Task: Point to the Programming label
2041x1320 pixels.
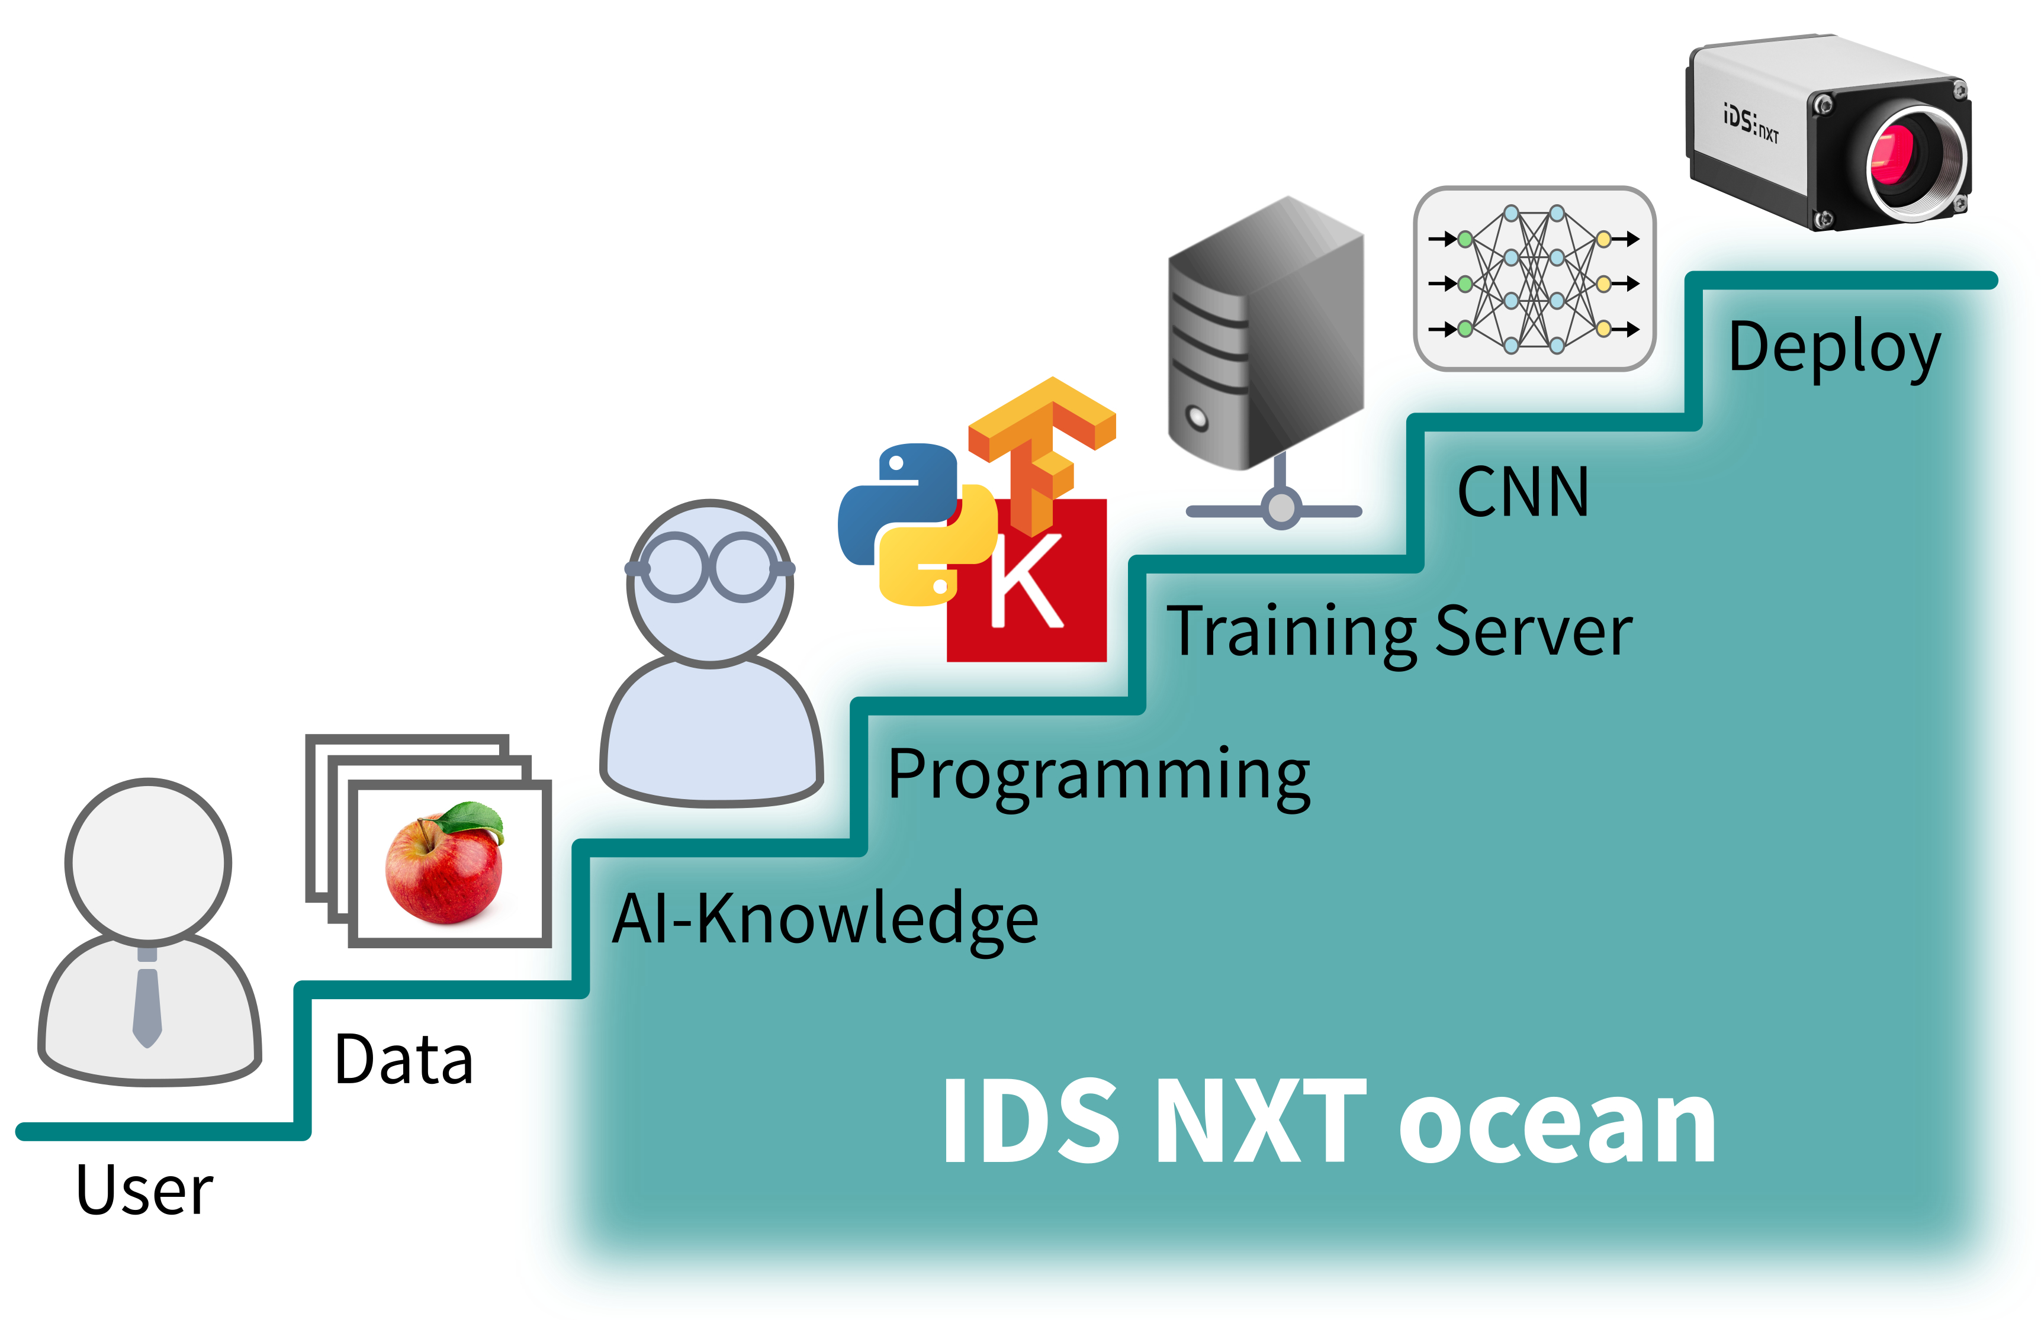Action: (1098, 775)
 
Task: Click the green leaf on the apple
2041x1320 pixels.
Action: (471, 819)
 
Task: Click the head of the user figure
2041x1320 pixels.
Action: (148, 861)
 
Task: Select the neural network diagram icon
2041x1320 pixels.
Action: (1534, 279)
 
